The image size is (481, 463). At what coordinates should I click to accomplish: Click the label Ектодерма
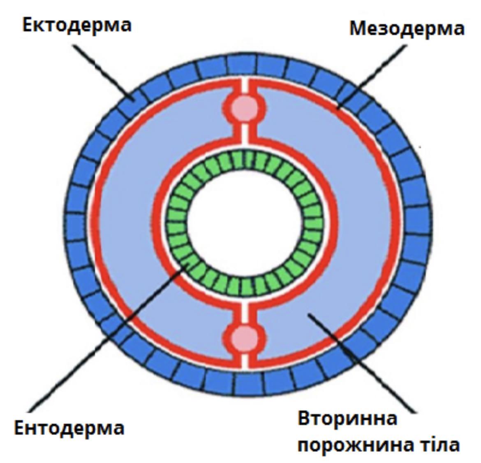point(77,26)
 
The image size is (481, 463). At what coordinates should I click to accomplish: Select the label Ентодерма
point(69,428)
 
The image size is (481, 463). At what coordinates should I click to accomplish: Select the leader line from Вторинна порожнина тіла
point(362,362)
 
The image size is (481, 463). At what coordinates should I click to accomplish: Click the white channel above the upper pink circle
point(245,86)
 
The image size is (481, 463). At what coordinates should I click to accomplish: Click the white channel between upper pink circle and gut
point(245,132)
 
